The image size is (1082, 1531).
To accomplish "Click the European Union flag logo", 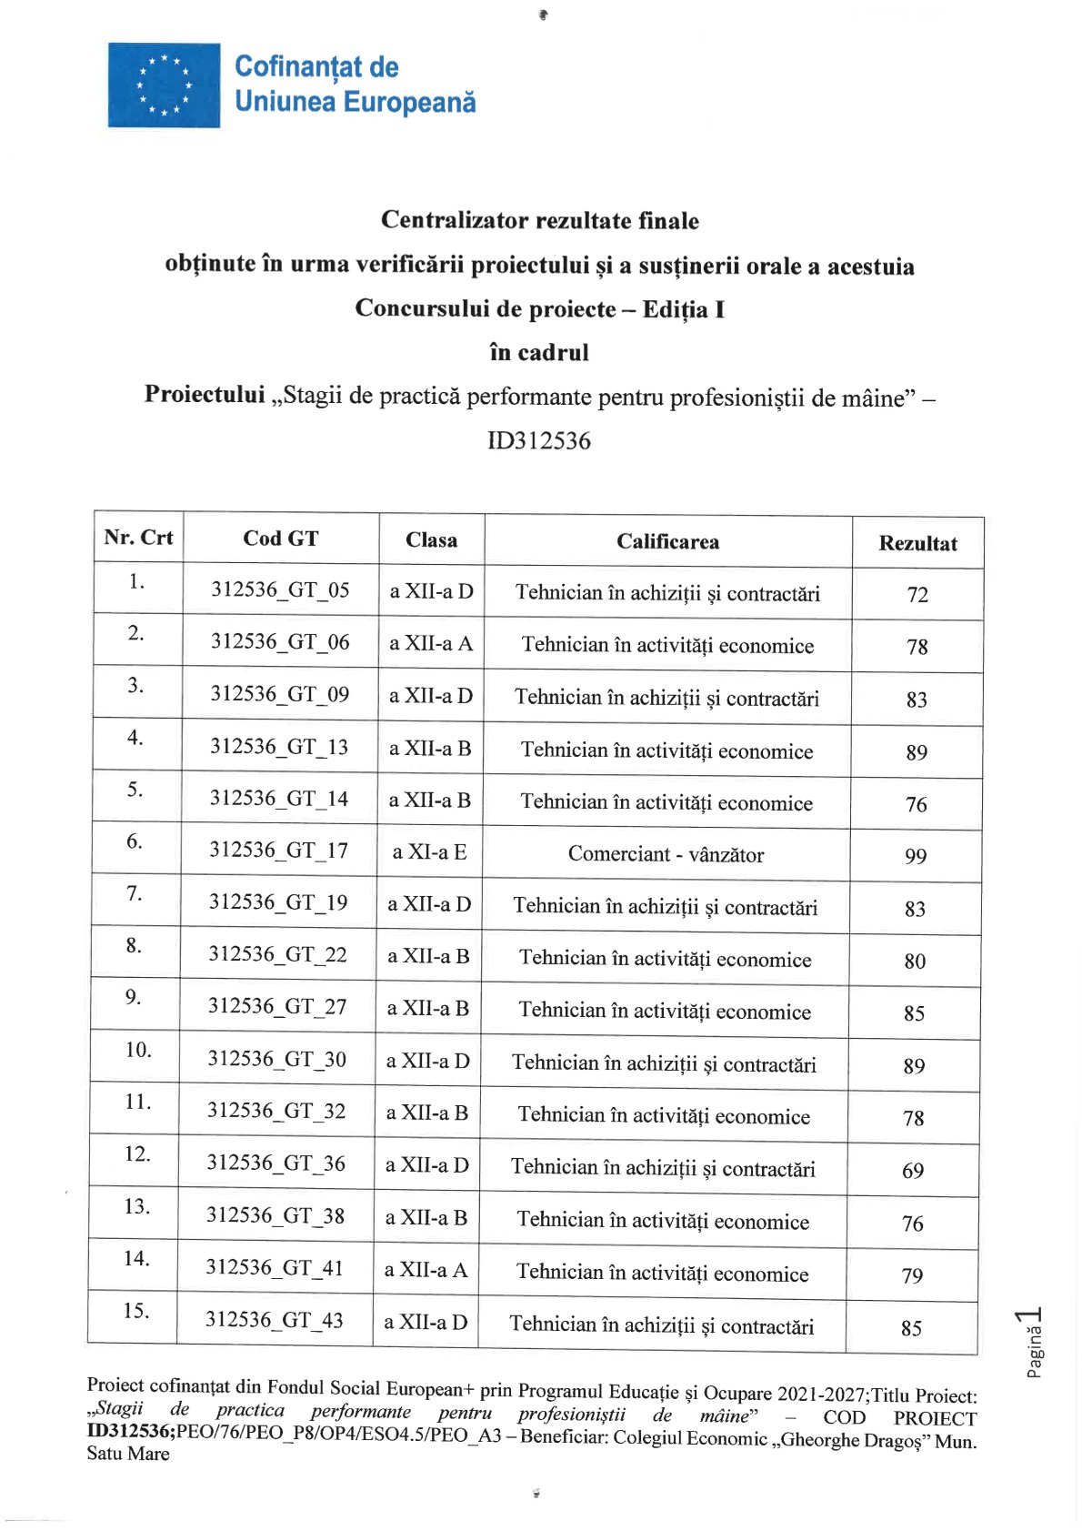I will point(164,85).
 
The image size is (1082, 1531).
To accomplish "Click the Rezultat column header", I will point(917,543).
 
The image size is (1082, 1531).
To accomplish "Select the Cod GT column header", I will point(281,539).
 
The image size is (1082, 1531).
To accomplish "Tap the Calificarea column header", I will point(667,541).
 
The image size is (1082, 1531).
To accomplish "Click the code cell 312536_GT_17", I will point(278,850).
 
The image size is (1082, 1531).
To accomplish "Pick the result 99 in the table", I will point(916,856).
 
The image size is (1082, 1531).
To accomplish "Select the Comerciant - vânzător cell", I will point(666,854).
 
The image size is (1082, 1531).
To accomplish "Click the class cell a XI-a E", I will point(429,851).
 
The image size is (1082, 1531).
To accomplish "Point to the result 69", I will point(913,1171).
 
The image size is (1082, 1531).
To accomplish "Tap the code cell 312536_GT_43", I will point(275,1320).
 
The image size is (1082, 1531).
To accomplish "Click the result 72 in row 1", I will point(917,595).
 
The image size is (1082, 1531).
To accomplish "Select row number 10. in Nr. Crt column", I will point(138,1050).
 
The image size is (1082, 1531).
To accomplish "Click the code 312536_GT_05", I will point(280,589).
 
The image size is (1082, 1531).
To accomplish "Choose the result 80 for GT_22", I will point(915,961).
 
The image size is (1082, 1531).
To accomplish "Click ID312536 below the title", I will point(539,441).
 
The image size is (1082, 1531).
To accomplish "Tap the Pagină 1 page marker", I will point(1033,1342).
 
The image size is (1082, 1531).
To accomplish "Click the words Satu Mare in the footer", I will point(128,1454).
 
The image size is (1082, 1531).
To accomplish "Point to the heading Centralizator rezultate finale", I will point(540,220).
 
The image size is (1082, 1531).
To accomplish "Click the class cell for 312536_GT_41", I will point(426,1269).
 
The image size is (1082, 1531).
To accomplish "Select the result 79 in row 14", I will point(912,1275).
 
